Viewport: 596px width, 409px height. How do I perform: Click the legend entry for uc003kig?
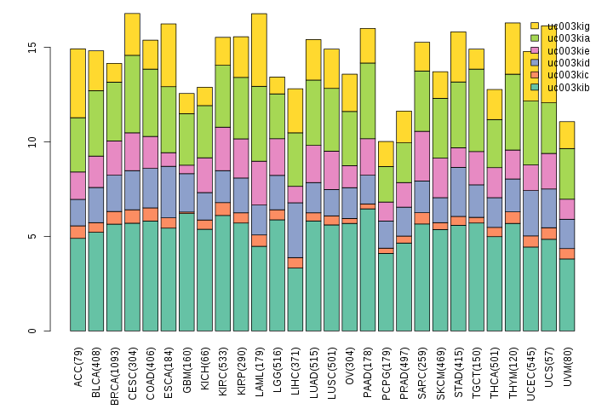(562, 26)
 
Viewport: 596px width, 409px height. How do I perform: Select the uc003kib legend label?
(562, 87)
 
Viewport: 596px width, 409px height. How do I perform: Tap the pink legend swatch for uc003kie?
(535, 50)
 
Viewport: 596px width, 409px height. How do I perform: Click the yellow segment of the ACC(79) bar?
(77, 83)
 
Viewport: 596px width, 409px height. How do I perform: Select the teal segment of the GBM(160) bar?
(186, 272)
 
